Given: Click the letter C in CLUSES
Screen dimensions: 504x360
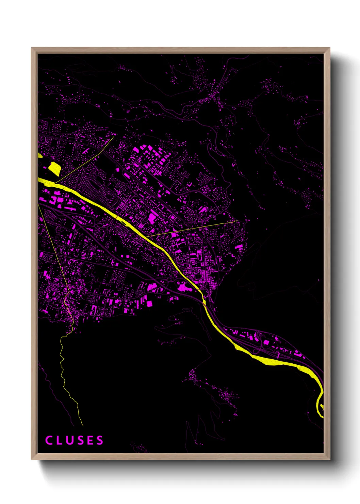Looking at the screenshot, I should pos(49,440).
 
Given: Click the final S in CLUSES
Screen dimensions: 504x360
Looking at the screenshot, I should pos(100,440).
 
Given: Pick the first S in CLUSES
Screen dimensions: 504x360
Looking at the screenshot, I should pos(80,440).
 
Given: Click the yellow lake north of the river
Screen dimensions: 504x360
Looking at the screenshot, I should pos(54,169).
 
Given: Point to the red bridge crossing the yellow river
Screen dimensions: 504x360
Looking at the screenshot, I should pos(117,217).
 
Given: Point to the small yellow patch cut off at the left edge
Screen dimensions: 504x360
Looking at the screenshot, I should pos(39,155).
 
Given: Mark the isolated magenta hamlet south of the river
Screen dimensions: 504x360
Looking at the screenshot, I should pos(225,395).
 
